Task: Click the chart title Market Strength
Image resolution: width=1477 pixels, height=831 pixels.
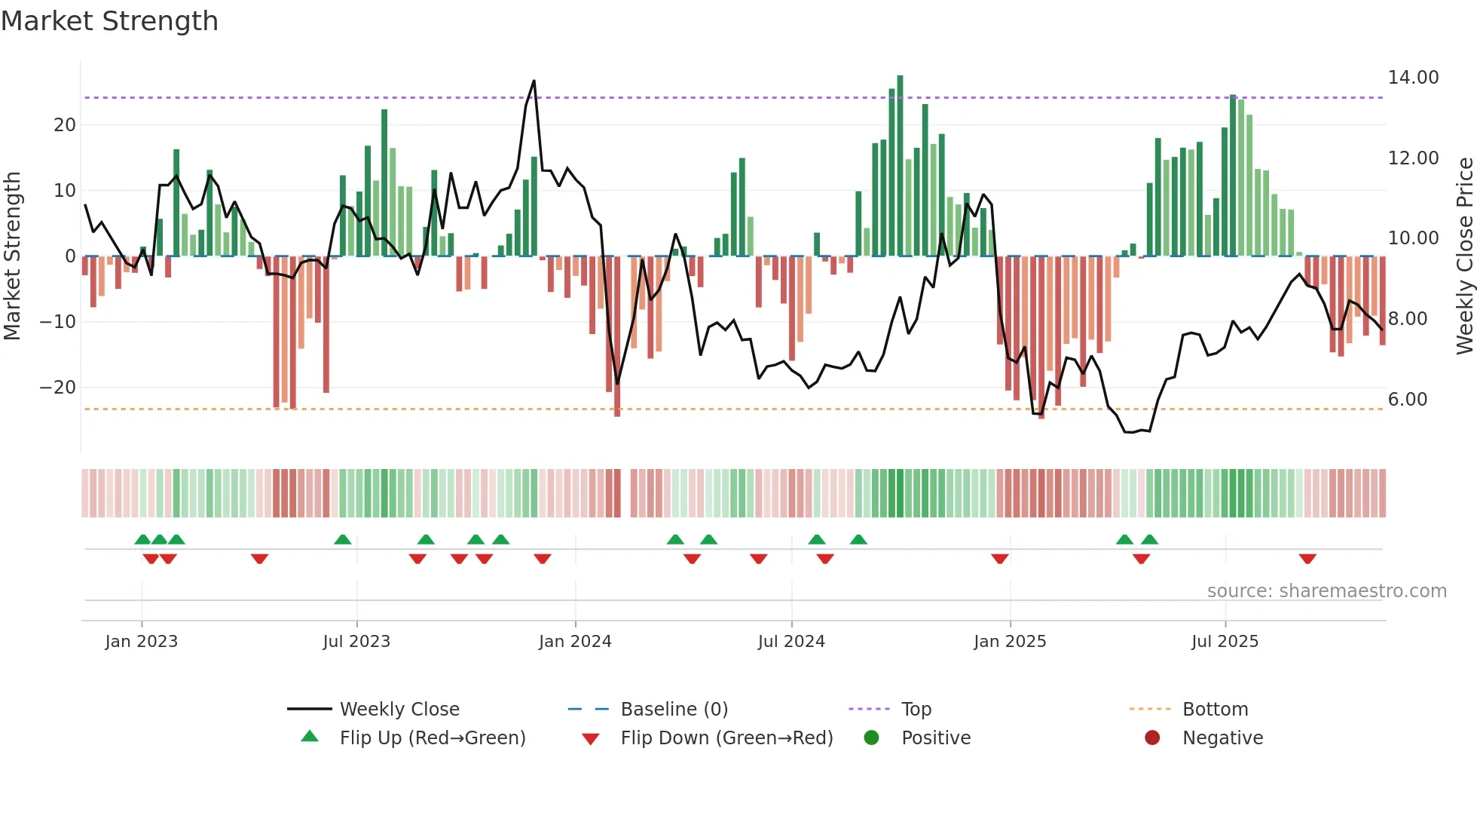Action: pos(109,21)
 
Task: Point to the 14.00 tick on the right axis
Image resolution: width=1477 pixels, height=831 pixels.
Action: pos(1413,78)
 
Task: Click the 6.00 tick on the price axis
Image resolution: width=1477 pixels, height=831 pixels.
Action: pos(1407,400)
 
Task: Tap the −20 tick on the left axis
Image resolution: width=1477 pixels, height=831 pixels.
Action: pos(57,388)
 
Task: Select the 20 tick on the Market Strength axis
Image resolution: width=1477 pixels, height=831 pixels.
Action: pos(64,125)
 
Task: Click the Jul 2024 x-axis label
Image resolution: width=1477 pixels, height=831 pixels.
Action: pos(790,642)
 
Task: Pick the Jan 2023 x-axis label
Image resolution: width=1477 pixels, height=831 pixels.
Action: pos(141,642)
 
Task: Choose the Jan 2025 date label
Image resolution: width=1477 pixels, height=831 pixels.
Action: pos(1009,642)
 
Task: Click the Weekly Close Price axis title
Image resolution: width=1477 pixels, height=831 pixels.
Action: pos(1464,256)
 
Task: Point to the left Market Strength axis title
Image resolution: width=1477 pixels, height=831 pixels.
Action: pos(12,256)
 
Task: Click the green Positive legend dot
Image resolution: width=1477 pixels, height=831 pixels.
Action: pos(871,738)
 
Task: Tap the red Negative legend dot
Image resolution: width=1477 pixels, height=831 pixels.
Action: pos(1151,738)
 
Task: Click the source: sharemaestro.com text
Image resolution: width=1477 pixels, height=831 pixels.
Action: pos(1326,591)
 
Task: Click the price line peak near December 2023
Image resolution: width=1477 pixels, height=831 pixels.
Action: pos(534,81)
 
